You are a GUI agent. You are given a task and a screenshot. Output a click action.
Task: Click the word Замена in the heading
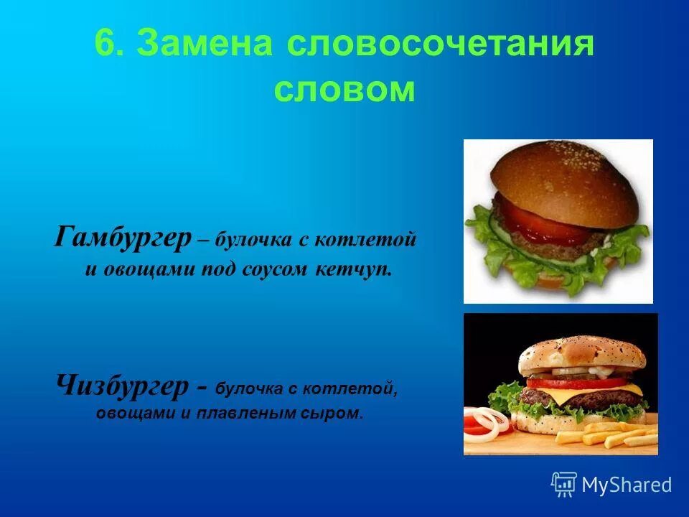pos(205,45)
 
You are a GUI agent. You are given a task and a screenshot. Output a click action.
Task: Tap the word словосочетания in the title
pos(440,45)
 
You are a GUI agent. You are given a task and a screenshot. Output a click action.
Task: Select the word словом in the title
pos(344,90)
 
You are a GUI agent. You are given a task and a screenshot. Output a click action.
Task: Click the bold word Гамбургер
pos(122,237)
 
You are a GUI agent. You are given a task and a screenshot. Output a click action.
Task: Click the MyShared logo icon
pos(563,484)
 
